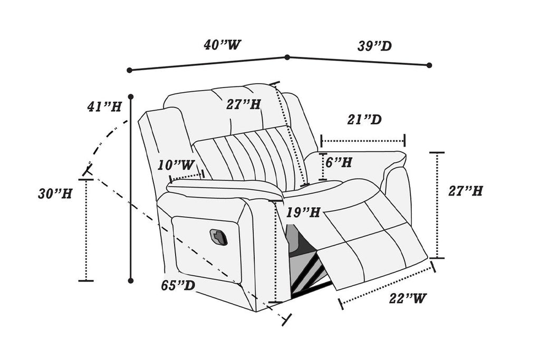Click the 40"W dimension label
(223, 45)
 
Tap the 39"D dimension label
(374, 46)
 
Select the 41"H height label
(104, 106)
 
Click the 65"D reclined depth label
(178, 286)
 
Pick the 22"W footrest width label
(408, 298)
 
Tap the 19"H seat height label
(304, 212)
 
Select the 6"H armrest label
(339, 162)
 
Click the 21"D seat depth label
(364, 120)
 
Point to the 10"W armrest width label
(176, 165)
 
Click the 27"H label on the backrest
(244, 104)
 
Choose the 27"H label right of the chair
(466, 191)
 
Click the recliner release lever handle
(218, 237)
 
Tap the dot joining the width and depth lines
(287, 57)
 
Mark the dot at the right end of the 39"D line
(429, 65)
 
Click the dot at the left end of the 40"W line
(129, 70)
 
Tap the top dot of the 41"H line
(131, 97)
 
